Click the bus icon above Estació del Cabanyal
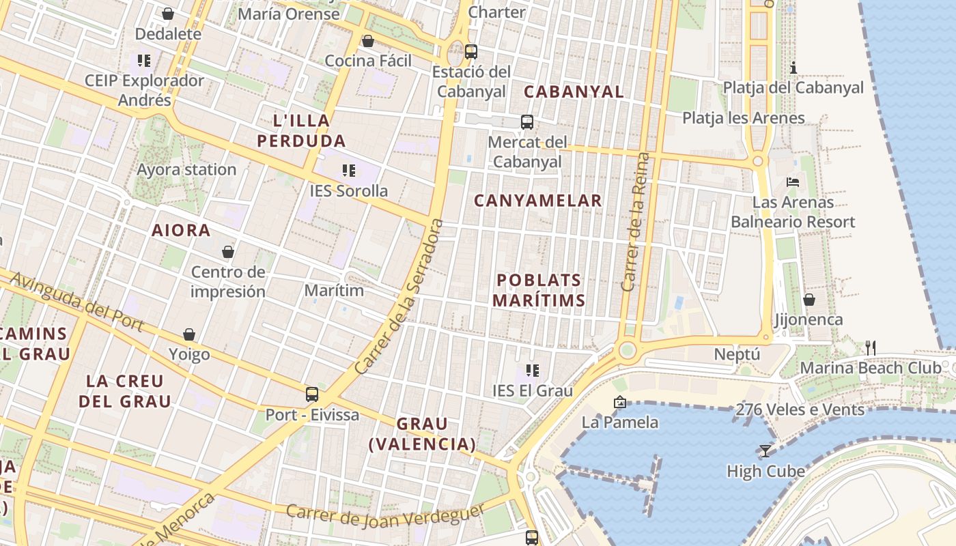coord(470,51)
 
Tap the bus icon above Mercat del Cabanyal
coord(526,122)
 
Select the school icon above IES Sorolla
coord(348,170)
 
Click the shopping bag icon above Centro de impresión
coord(228,252)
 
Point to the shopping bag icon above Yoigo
coord(189,334)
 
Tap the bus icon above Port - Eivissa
coord(312,394)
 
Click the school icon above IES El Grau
coord(533,371)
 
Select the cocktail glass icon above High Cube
coord(765,450)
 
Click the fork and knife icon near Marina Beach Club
coord(870,347)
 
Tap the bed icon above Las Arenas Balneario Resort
coord(793,182)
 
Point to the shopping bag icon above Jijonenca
coord(809,299)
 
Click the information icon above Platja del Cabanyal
coord(793,68)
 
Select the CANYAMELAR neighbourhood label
coord(538,201)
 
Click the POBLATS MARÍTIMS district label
coord(539,290)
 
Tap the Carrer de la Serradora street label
coord(400,297)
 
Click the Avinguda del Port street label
coord(77,302)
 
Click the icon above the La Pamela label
coord(619,402)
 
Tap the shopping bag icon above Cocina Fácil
coord(367,41)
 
